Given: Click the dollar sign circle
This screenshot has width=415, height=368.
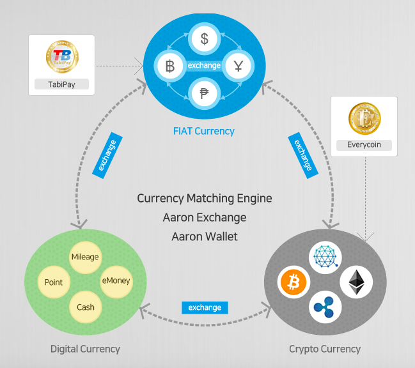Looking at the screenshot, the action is (x=205, y=39).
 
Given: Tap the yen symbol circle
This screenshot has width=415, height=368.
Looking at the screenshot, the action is (x=239, y=66).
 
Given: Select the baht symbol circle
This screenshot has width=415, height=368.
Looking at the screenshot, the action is (x=170, y=66).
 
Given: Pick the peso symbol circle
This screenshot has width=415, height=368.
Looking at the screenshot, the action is (x=205, y=93).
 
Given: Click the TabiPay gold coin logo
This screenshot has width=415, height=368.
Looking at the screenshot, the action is (x=62, y=57).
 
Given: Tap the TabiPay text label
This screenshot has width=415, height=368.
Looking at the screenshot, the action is (x=61, y=84).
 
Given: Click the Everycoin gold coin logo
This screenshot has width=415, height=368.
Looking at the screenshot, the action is (x=364, y=118).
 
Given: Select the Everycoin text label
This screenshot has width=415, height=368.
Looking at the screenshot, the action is (x=364, y=144).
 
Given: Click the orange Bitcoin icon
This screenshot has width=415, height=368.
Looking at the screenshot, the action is (x=294, y=282).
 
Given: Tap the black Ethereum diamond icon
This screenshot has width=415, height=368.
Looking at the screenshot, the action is (x=356, y=282).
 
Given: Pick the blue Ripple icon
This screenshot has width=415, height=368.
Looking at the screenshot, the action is (x=325, y=307).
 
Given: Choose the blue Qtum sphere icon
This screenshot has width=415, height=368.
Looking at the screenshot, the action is (x=325, y=256).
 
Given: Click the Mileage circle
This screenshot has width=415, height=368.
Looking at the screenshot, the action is (x=85, y=257).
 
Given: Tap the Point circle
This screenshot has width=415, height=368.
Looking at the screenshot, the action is (x=54, y=282).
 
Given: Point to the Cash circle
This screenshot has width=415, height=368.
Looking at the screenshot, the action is (x=85, y=307).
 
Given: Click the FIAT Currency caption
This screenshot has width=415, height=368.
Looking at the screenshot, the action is (x=204, y=131).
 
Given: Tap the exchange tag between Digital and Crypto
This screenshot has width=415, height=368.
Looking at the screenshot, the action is (x=205, y=307).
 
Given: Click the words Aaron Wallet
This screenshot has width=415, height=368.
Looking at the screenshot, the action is (x=205, y=236).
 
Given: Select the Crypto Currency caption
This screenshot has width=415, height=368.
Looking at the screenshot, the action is (x=325, y=349).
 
